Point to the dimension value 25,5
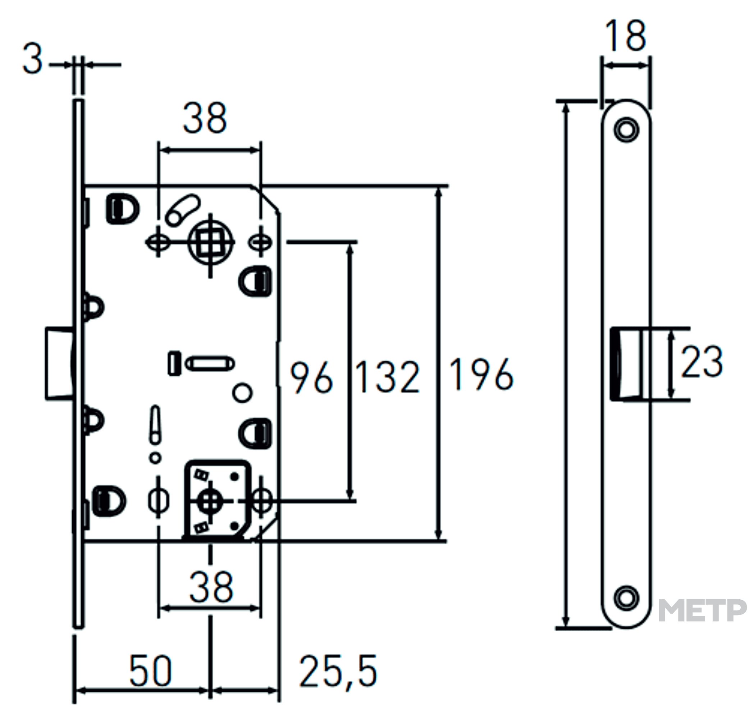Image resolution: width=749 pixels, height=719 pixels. [338, 672]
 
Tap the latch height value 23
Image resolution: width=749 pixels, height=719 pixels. [702, 361]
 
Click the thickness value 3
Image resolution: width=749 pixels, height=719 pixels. [32, 59]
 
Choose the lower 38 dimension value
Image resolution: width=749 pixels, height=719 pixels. [211, 587]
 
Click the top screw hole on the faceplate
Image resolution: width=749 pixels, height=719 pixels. [626, 129]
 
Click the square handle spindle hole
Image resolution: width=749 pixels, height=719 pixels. [211, 242]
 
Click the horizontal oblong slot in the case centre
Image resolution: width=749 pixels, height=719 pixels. [210, 363]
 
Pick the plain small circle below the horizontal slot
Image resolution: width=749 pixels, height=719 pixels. [242, 392]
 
